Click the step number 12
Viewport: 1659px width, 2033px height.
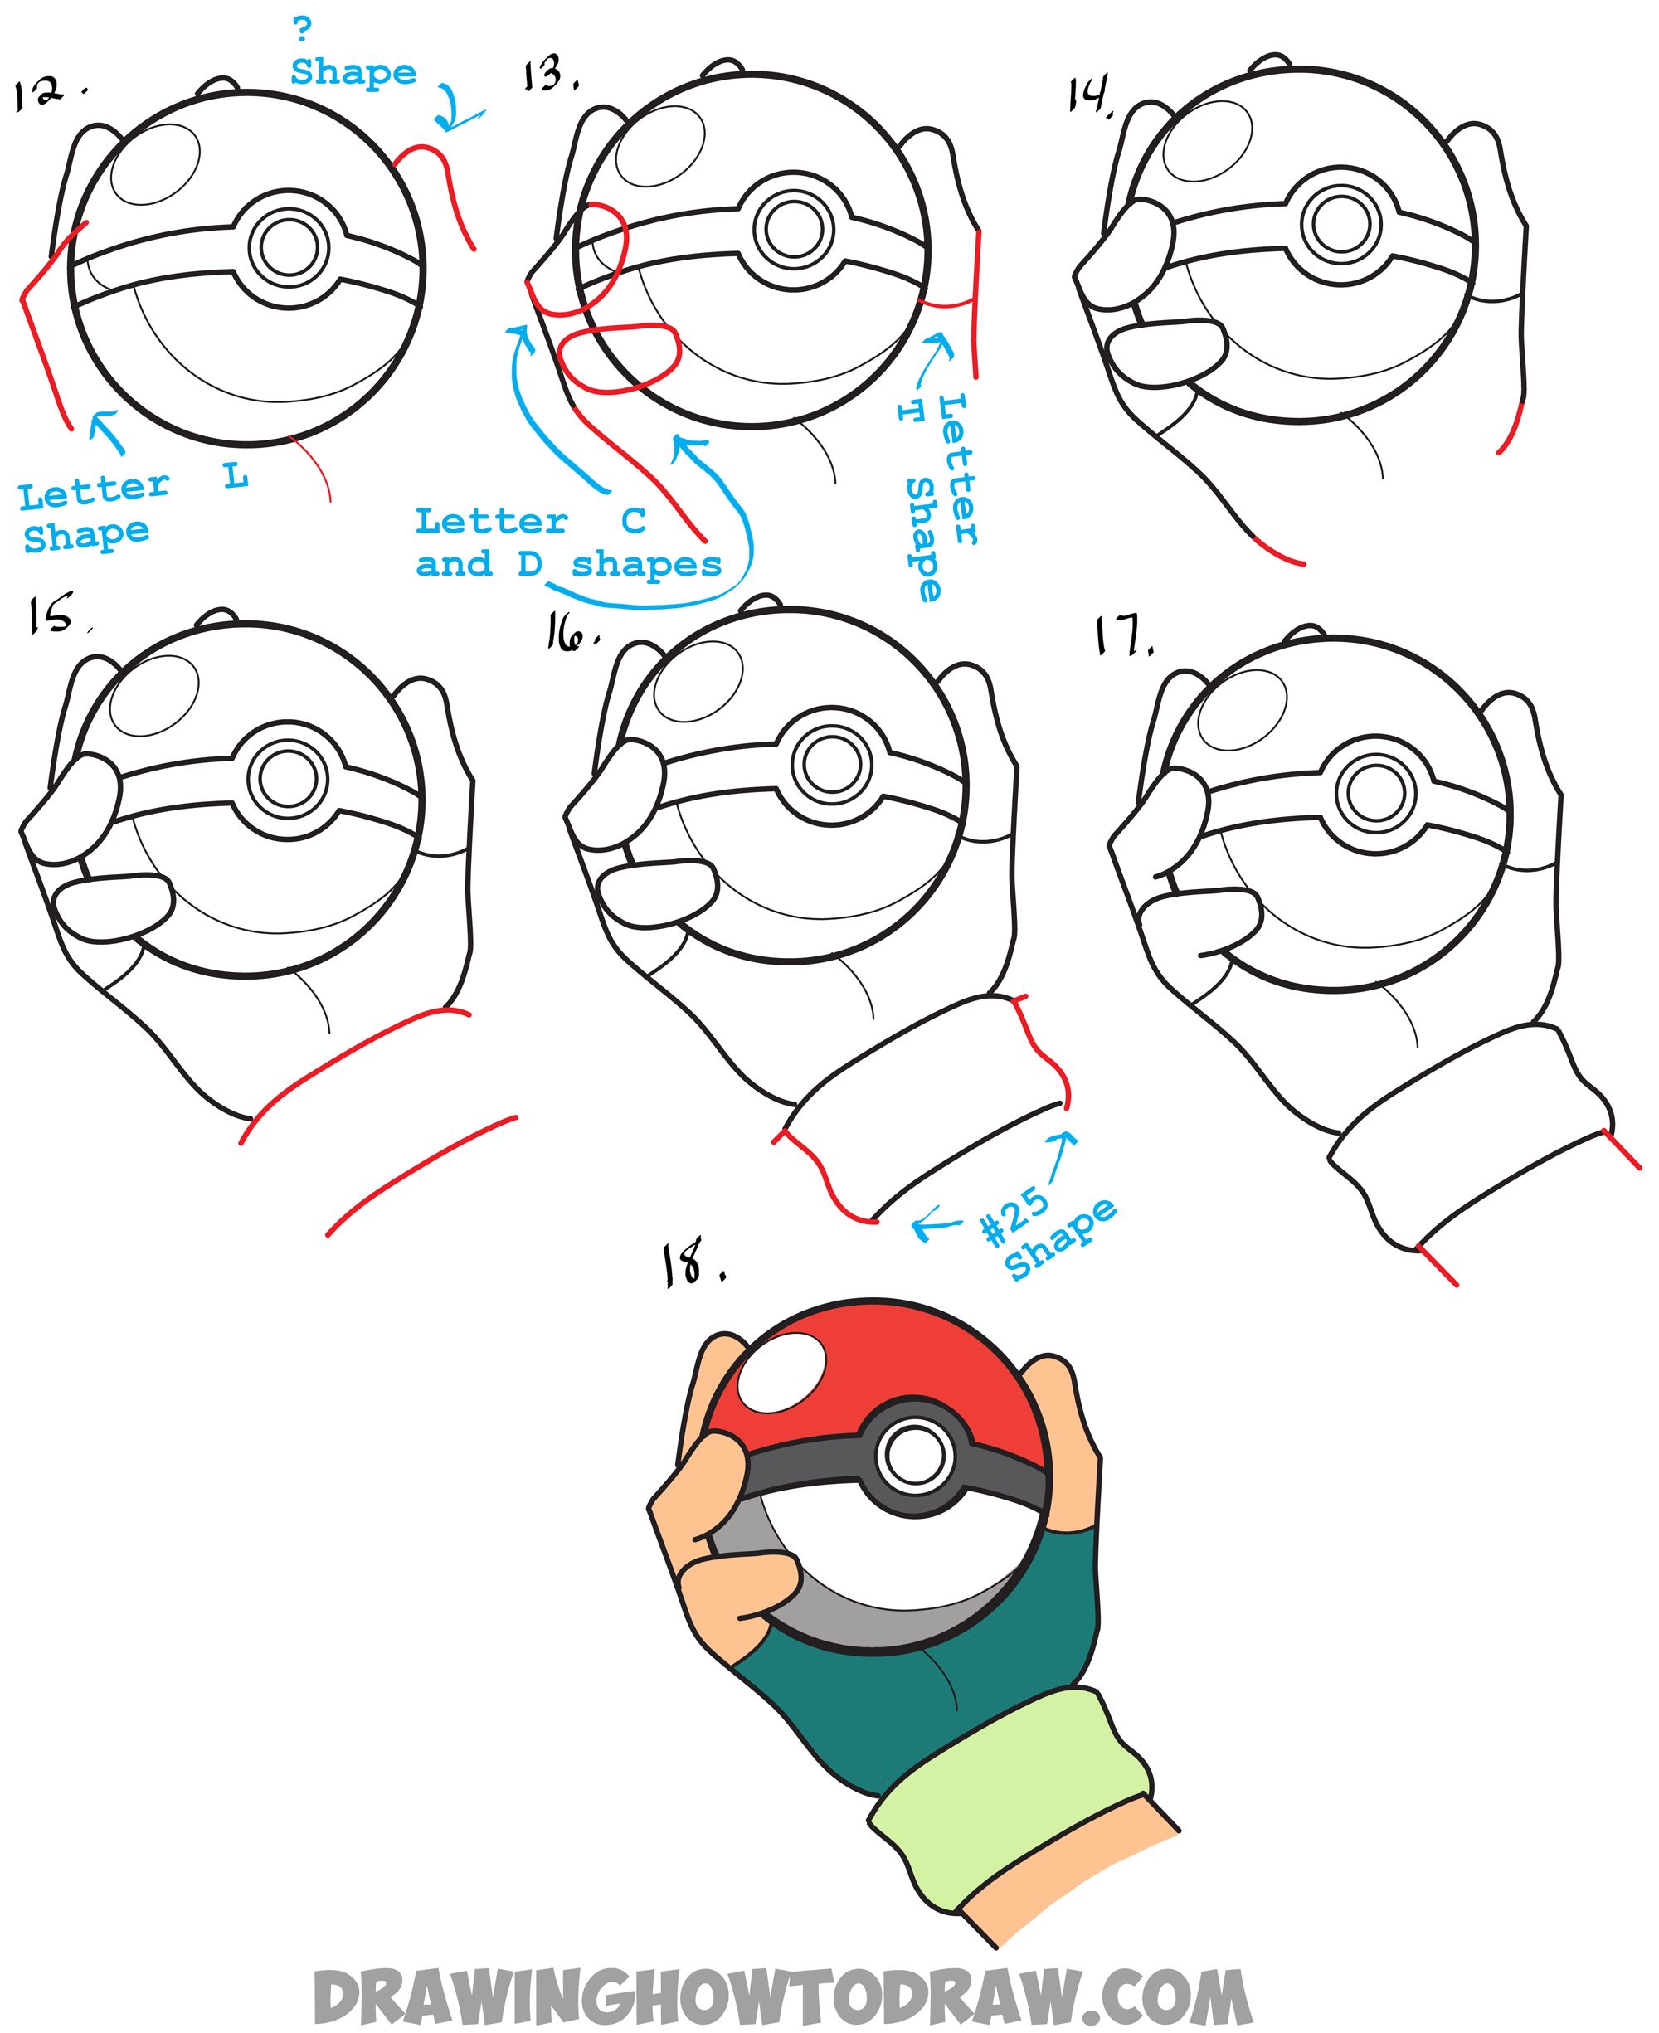40,93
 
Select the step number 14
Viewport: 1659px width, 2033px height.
1089,95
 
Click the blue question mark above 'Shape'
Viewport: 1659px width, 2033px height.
302,29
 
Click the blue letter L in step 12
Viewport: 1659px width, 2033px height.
236,474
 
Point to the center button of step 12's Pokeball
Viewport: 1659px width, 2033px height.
289,247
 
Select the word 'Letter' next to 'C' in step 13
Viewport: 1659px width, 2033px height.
491,522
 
